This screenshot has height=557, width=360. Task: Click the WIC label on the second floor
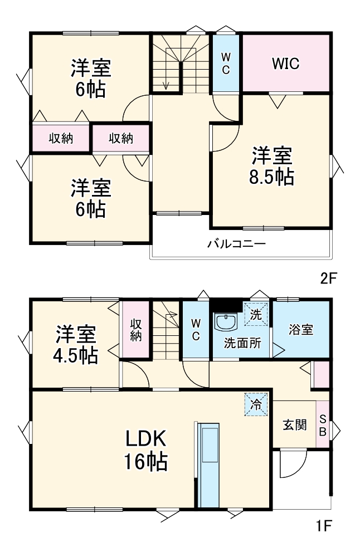click(285, 63)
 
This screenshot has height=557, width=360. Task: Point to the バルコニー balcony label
click(236, 243)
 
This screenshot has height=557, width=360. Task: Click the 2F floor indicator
click(329, 279)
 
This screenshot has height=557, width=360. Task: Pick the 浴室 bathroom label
click(300, 329)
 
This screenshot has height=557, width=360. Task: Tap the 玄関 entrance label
click(294, 425)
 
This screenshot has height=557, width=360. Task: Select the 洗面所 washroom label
click(242, 343)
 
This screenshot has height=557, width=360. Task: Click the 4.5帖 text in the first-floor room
click(76, 355)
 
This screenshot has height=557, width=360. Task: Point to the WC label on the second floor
click(226, 63)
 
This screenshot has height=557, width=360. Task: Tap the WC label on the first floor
click(196, 330)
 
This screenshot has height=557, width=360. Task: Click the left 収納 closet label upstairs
click(60, 139)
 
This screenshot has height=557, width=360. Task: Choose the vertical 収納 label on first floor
click(136, 330)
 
